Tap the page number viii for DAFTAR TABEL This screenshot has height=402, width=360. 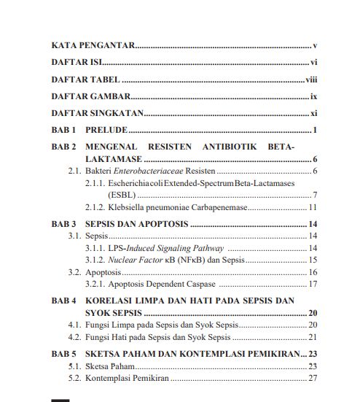(311, 80)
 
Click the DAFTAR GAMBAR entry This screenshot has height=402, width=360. (90, 96)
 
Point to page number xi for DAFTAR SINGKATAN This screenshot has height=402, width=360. (313, 114)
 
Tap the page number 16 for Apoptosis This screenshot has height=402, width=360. (311, 272)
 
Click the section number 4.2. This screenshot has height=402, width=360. (74, 337)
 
